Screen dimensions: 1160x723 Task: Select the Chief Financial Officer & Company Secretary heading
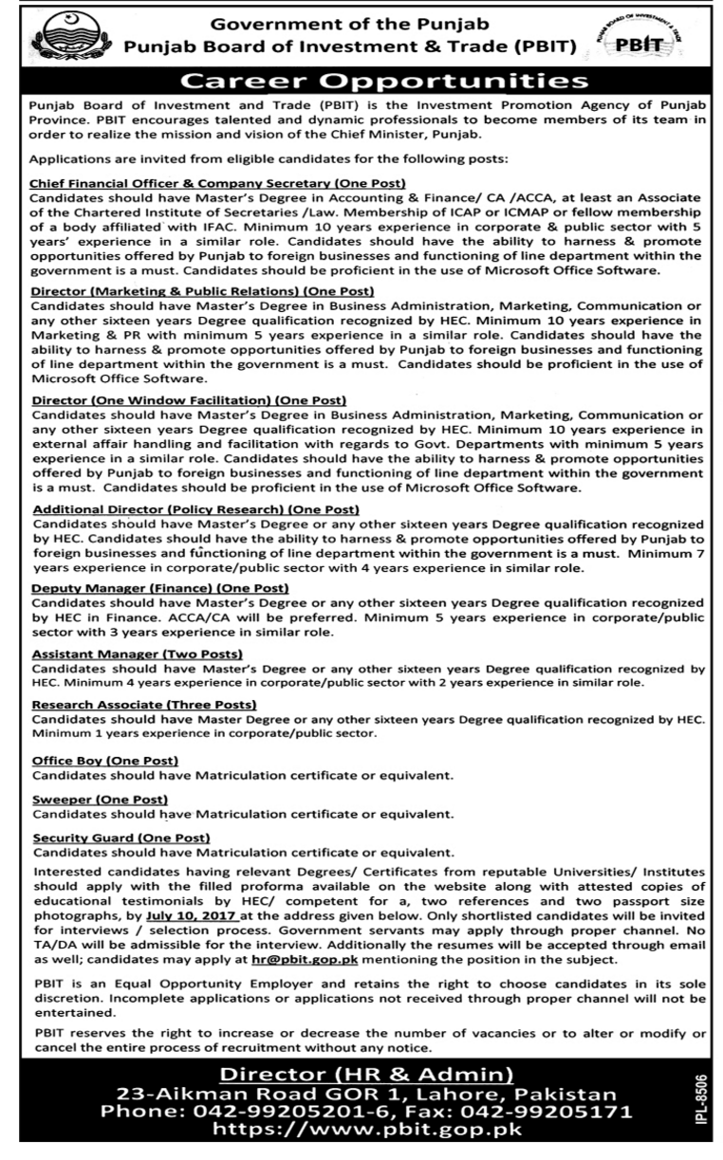point(218,182)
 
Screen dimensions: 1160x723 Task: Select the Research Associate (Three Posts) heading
point(144,705)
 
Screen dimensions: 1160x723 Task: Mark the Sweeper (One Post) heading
point(100,800)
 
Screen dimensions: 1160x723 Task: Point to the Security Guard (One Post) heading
point(120,838)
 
